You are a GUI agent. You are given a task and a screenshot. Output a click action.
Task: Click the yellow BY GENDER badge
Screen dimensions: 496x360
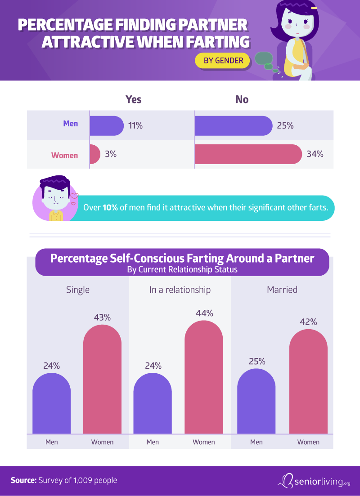(x=222, y=60)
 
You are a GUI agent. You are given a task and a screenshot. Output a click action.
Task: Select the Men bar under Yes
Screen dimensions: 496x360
(x=106, y=126)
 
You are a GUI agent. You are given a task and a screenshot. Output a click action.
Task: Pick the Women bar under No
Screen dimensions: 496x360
(x=247, y=154)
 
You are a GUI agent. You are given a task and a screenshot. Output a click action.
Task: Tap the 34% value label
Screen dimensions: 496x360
(x=315, y=154)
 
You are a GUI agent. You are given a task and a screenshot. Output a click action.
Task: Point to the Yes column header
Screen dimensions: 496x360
(x=133, y=99)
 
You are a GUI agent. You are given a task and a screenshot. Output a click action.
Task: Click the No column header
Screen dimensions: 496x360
(x=242, y=99)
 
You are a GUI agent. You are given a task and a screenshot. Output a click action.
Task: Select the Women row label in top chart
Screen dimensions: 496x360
(x=64, y=156)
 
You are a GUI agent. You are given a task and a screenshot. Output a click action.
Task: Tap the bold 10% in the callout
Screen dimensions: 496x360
(x=110, y=208)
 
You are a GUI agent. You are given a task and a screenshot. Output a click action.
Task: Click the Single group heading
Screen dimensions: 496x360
(x=78, y=290)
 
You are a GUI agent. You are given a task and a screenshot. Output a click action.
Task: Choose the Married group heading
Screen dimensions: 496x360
(x=282, y=290)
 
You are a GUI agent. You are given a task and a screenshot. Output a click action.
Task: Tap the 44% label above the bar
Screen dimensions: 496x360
(x=204, y=313)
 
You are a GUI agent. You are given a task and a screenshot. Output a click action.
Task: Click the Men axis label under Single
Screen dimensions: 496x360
(x=52, y=442)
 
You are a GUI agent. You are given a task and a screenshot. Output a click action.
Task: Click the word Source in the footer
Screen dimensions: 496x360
(x=23, y=480)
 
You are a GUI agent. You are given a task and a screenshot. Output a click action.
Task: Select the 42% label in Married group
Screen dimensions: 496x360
(x=308, y=322)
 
